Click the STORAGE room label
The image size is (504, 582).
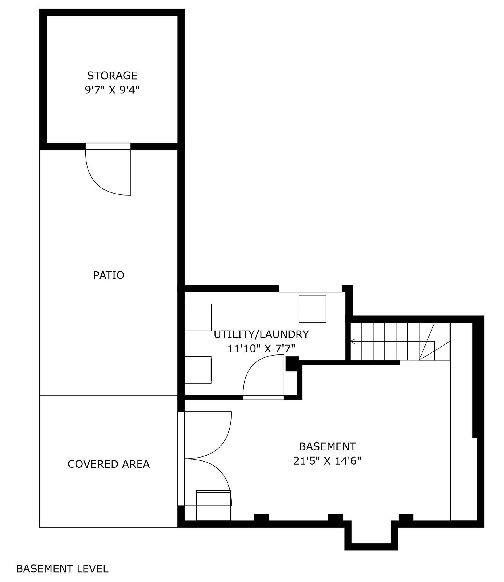112,76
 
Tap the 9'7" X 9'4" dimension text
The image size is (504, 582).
112,90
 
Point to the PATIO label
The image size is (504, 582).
109,275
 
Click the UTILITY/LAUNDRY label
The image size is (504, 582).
261,334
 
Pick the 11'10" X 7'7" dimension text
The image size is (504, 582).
261,348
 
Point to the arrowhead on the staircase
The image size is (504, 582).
353,341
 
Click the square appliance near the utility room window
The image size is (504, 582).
312,309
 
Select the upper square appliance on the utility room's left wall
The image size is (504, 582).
198,317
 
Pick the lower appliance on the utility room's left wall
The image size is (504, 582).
198,370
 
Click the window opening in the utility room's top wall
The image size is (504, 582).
310,288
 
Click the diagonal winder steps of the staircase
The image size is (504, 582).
434,341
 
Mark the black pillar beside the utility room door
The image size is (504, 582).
292,364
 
